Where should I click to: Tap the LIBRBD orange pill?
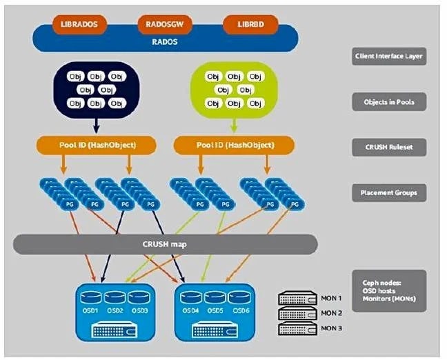(249, 25)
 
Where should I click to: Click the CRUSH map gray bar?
(166, 244)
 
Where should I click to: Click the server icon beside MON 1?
(297, 299)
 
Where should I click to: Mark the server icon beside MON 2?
(297, 313)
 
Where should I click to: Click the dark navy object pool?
(96, 90)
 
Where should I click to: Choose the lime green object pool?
(234, 90)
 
